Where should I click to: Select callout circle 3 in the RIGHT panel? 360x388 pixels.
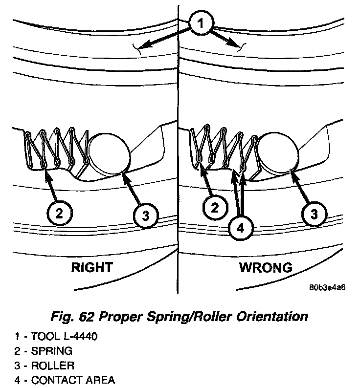click(x=145, y=215)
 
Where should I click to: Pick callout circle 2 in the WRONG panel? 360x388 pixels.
click(x=214, y=208)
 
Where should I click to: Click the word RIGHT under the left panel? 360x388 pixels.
click(x=91, y=267)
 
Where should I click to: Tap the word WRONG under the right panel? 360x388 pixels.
click(x=266, y=267)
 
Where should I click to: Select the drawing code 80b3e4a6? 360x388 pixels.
click(x=327, y=287)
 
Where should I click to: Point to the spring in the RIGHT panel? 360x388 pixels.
click(x=54, y=147)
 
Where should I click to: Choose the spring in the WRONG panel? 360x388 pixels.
click(x=223, y=147)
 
